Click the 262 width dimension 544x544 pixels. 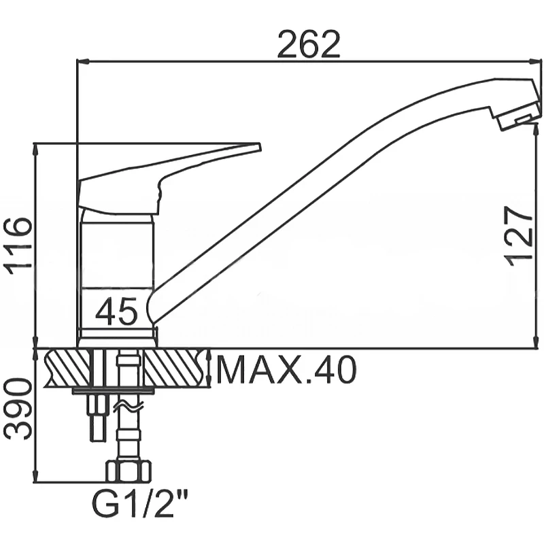pos(309,44)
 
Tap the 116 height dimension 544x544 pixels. pos(18,246)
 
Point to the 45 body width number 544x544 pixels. pos(116,311)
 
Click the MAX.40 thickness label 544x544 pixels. pos(286,370)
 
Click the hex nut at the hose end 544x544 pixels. pos(129,471)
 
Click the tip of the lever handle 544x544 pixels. pos(260,146)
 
